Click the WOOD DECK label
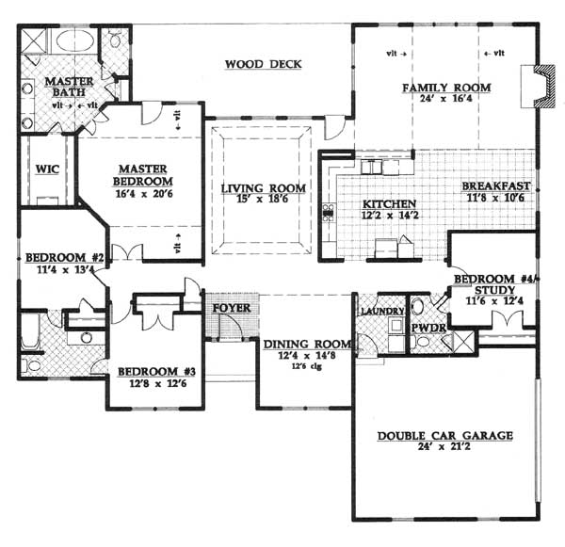point(264,64)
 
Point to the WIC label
point(47,169)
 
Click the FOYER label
point(232,308)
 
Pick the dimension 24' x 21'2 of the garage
point(444,447)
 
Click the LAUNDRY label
point(382,311)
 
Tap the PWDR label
point(428,328)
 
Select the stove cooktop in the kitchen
point(328,213)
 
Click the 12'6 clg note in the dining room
point(306,367)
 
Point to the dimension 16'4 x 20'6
point(144,194)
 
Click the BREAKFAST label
point(496,185)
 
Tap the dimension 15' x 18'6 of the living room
point(263,199)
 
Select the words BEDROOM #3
point(156,372)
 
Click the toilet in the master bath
point(115,39)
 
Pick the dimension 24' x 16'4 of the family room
point(446,98)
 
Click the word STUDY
point(494,290)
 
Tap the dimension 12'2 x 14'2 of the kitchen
point(388,215)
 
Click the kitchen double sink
point(371,168)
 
